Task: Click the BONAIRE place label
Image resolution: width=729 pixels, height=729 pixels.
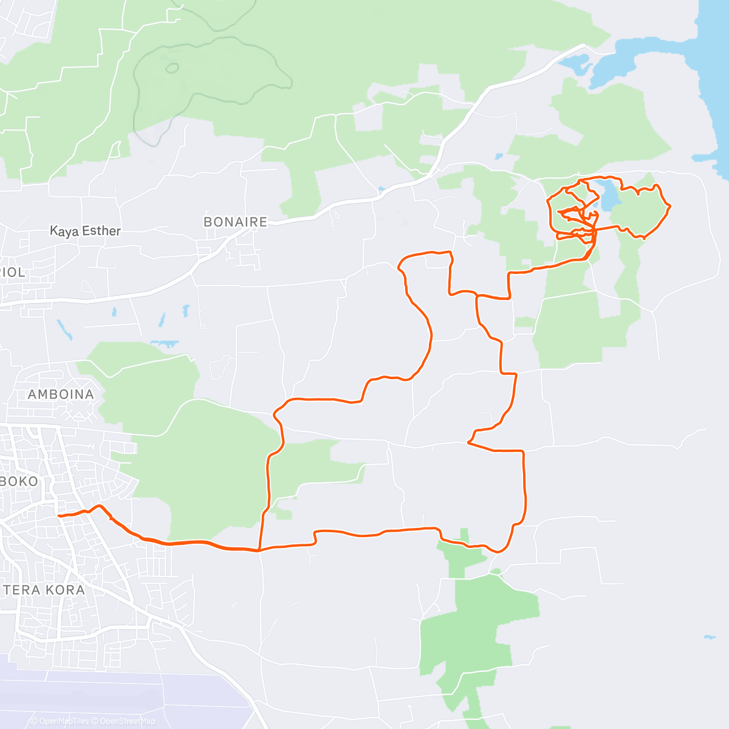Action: click(235, 222)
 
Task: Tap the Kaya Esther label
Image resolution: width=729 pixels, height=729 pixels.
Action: click(85, 231)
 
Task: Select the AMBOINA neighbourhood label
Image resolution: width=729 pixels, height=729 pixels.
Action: click(61, 394)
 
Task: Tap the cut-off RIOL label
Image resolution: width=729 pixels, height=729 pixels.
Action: click(13, 273)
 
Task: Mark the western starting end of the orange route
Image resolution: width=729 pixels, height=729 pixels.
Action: click(58, 516)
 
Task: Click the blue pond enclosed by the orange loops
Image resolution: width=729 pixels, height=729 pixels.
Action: click(607, 196)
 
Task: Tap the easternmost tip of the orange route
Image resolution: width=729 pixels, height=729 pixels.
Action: click(670, 207)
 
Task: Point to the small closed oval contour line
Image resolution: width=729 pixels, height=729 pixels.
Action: click(172, 68)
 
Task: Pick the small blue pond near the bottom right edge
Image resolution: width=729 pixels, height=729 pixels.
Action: click(709, 637)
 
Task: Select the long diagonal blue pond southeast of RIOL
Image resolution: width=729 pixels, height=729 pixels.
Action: click(63, 329)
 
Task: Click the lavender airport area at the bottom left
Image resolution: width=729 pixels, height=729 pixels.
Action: click(122, 693)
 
